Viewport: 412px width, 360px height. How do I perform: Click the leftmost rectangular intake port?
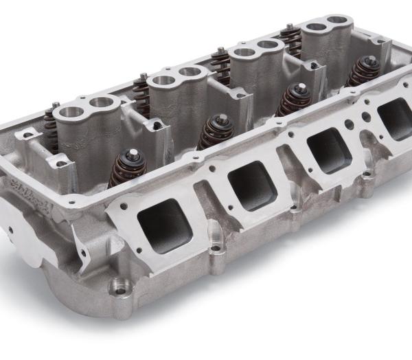pyautogui.click(x=163, y=225)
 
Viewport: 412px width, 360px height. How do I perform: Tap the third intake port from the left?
pyautogui.click(x=329, y=149)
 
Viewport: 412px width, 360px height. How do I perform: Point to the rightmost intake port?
pyautogui.click(x=396, y=118)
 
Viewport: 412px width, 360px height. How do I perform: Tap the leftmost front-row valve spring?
pyautogui.click(x=126, y=168)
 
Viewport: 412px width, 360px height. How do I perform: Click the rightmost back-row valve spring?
pyautogui.click(x=290, y=40)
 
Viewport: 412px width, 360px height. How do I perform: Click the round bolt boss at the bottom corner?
pyautogui.click(x=121, y=288)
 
